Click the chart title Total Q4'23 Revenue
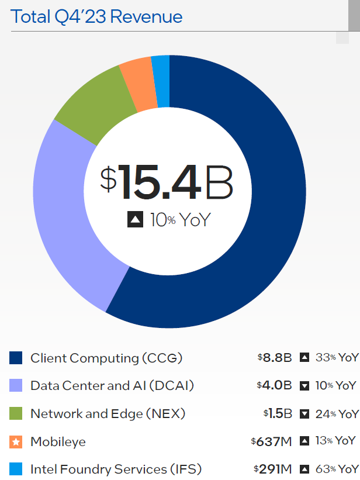click(96, 16)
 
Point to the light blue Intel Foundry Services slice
click(161, 81)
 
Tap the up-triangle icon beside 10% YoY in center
click(135, 220)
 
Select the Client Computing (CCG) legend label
click(106, 358)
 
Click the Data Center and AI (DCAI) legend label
click(112, 386)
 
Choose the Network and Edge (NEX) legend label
click(108, 414)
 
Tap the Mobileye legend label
click(58, 442)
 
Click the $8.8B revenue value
click(274, 358)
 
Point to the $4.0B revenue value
click(274, 386)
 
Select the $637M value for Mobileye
click(271, 442)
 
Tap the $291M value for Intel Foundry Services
click(272, 469)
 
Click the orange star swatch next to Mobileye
click(16, 442)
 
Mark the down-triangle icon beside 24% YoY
click(304, 414)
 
